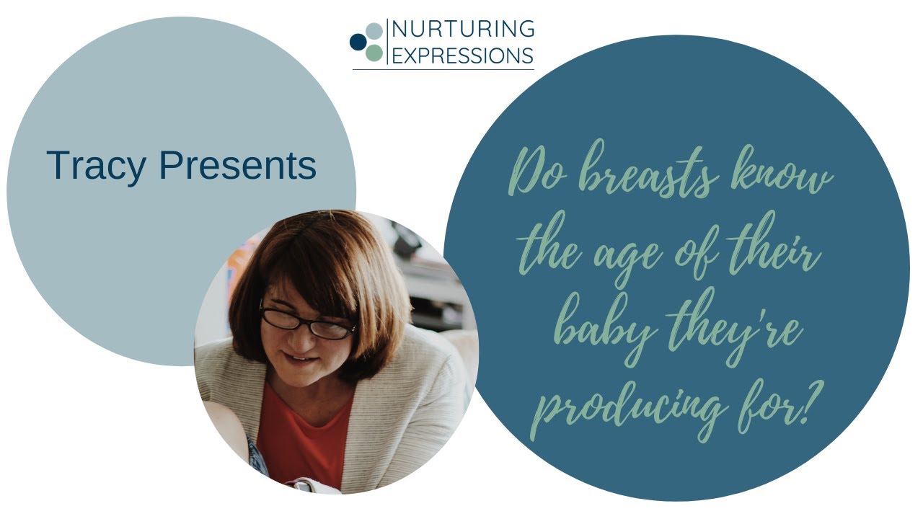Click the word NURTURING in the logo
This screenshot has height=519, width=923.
click(x=463, y=29)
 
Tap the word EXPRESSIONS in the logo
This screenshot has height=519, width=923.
click(x=463, y=55)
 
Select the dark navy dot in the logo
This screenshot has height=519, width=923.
click(x=357, y=42)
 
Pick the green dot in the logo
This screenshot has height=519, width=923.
click(x=374, y=53)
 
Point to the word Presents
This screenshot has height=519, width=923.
click(x=238, y=165)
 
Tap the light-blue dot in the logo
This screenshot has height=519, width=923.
click(x=374, y=31)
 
